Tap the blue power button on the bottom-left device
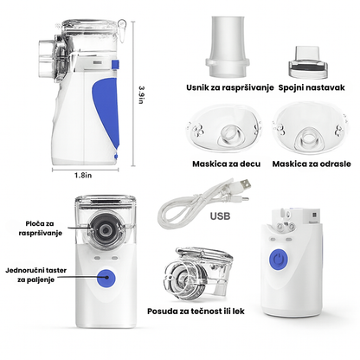(108, 279)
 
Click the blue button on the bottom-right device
(280, 260)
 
